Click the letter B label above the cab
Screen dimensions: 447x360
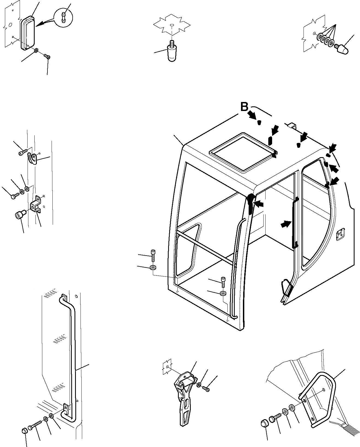pos(244,107)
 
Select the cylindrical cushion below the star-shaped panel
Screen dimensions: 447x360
pos(171,54)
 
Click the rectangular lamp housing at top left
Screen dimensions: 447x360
pos(28,33)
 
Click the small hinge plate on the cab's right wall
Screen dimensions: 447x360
pos(340,235)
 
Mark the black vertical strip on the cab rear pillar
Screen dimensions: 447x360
pos(295,223)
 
